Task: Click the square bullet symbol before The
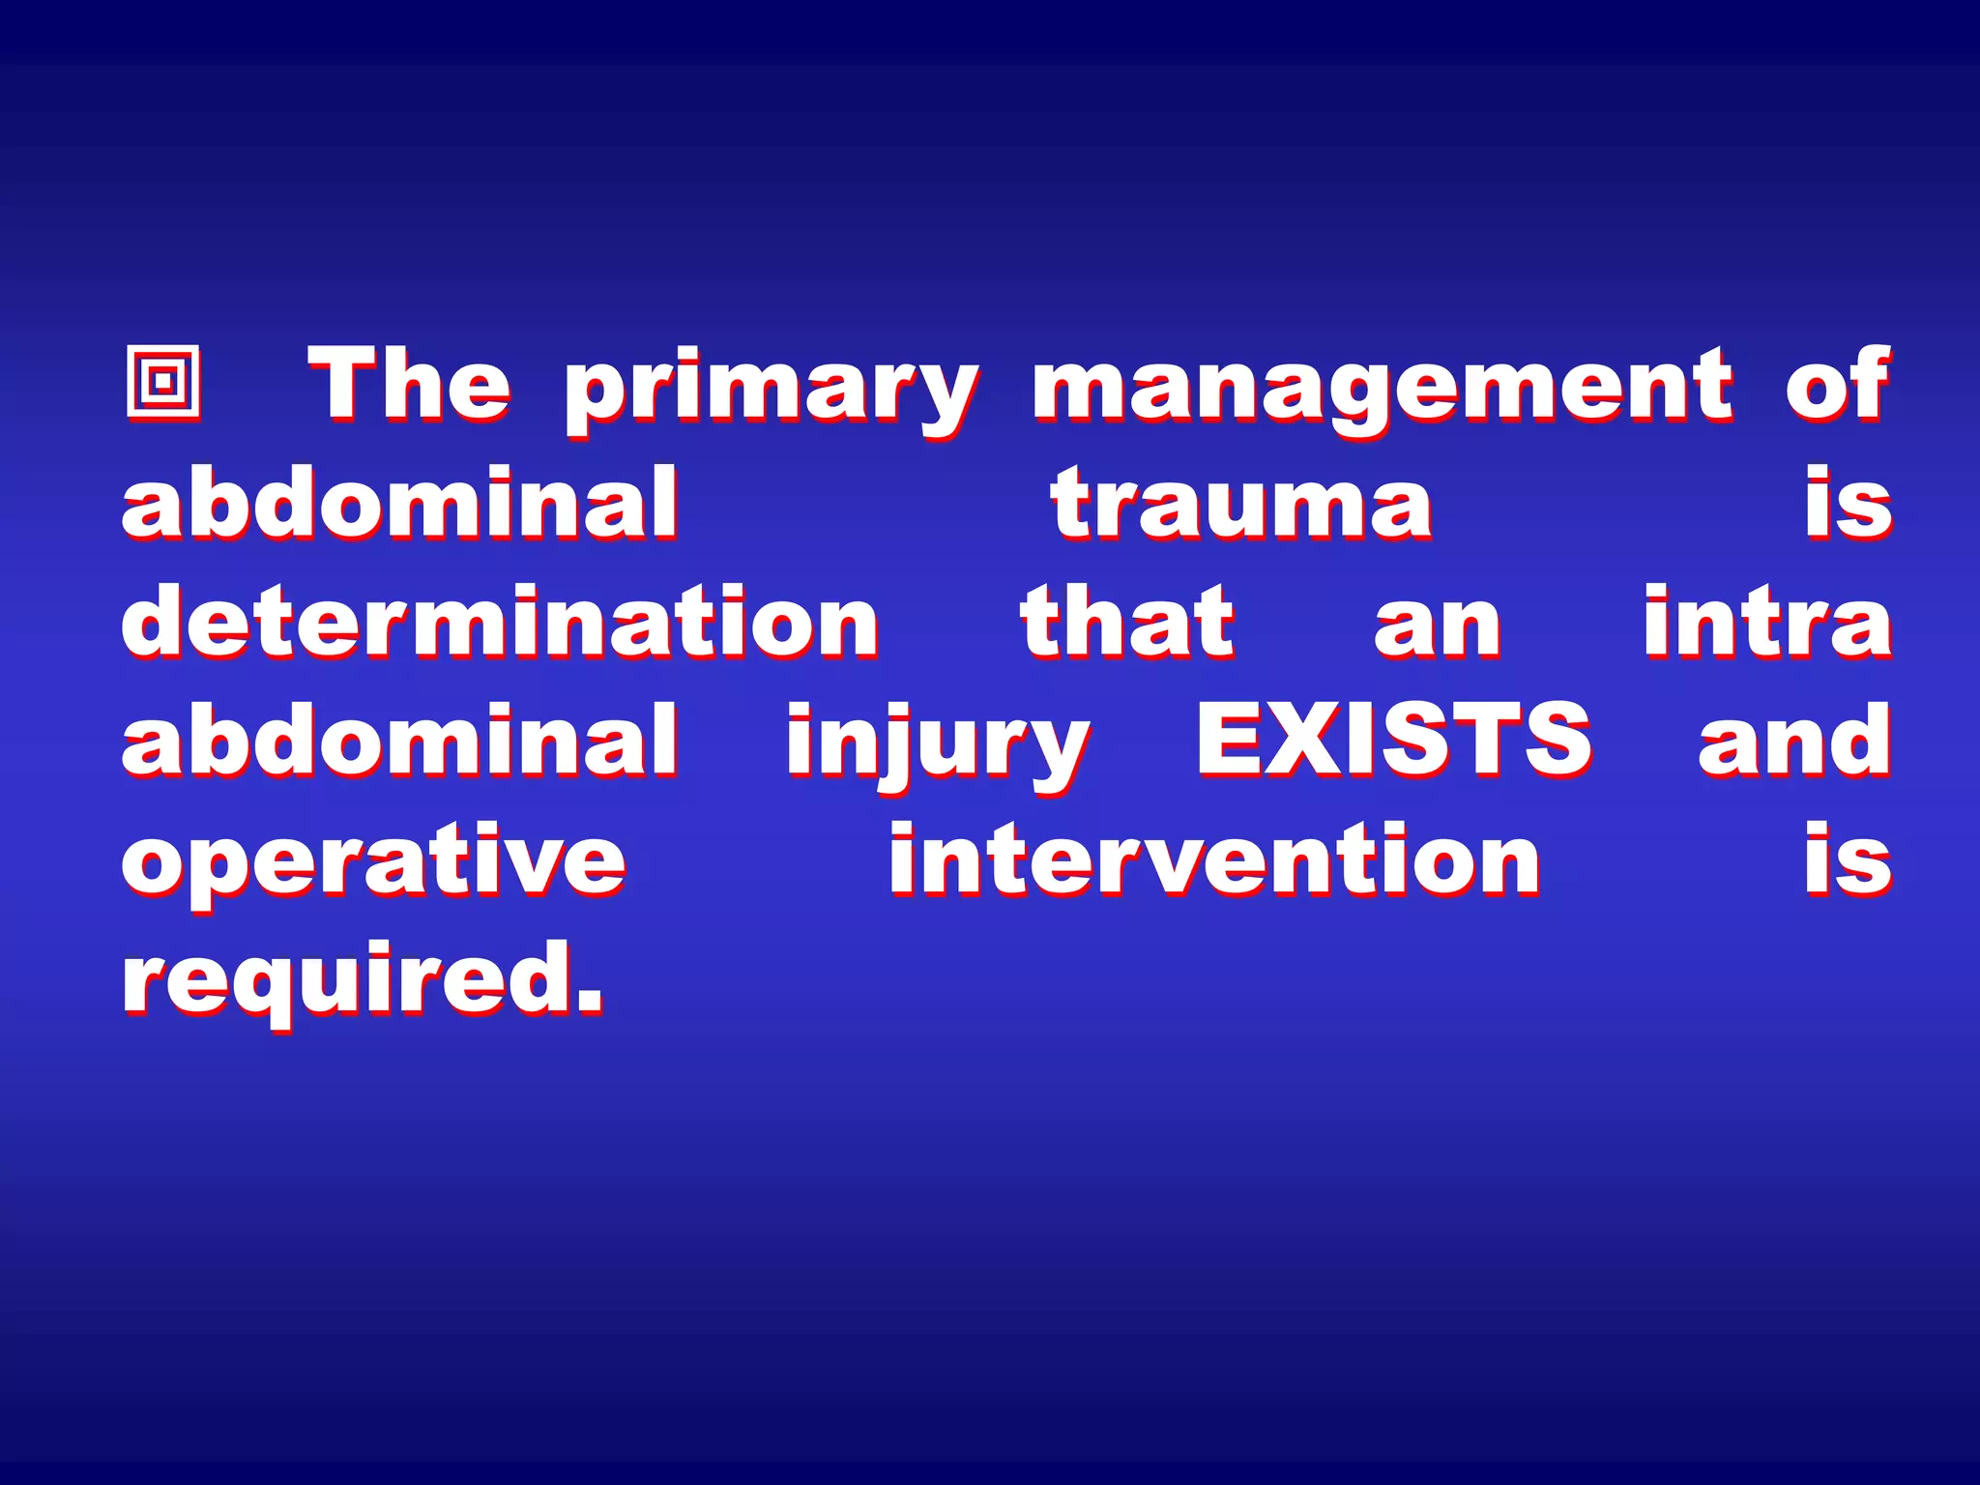(x=163, y=382)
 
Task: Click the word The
(x=409, y=385)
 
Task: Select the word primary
(x=772, y=392)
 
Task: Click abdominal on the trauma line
(x=400, y=503)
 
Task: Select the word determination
(x=500, y=622)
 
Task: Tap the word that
(x=1127, y=622)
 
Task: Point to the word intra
(x=1767, y=622)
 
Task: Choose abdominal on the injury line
(x=400, y=741)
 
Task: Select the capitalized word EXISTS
(x=1393, y=741)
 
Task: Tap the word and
(x=1794, y=741)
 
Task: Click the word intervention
(x=1214, y=859)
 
